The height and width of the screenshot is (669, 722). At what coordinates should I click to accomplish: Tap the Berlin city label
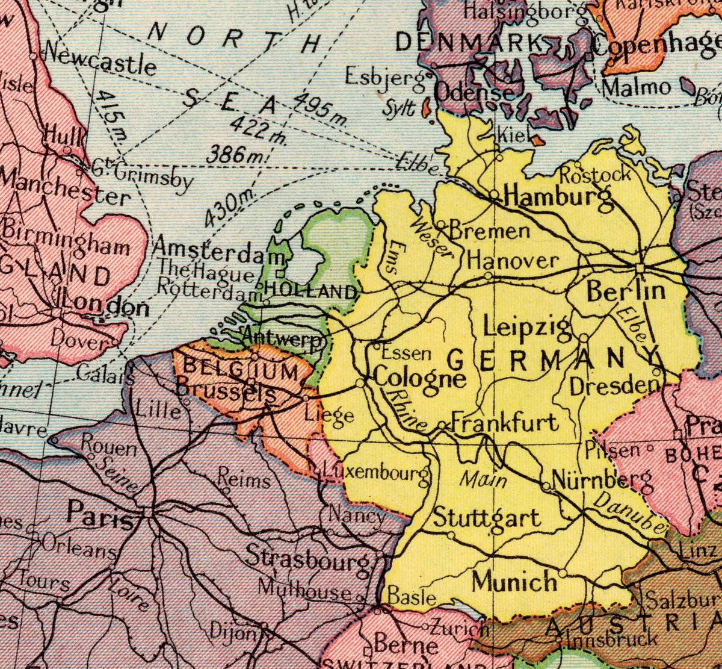[x=626, y=291]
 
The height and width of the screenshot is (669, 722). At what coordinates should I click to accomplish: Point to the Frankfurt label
[x=505, y=422]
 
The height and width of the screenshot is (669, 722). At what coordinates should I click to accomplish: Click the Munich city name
[x=514, y=582]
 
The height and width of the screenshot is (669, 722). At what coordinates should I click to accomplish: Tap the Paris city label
[x=100, y=515]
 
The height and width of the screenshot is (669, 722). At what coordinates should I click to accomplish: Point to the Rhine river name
[x=407, y=410]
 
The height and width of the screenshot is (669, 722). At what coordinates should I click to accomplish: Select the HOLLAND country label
[x=310, y=292]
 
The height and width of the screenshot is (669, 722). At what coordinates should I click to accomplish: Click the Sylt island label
[x=400, y=108]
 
